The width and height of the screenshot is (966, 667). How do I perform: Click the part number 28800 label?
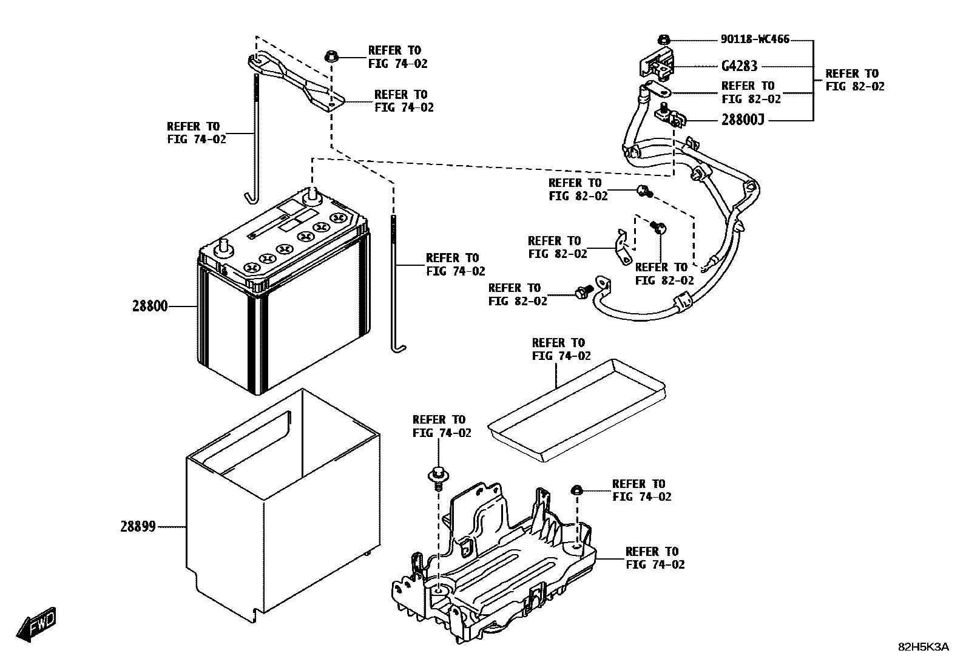point(150,306)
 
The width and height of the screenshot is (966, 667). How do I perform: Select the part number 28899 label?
point(138,527)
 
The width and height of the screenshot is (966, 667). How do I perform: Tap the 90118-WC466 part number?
point(755,39)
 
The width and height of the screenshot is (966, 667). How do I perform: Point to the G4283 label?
point(739,66)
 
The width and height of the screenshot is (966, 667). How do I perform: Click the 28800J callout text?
point(742,120)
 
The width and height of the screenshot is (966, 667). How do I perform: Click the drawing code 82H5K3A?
point(923,648)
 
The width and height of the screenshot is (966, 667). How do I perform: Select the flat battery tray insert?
point(576,407)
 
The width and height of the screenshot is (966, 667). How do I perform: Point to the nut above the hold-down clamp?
point(332,56)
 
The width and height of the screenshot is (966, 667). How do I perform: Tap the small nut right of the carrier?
point(577,490)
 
